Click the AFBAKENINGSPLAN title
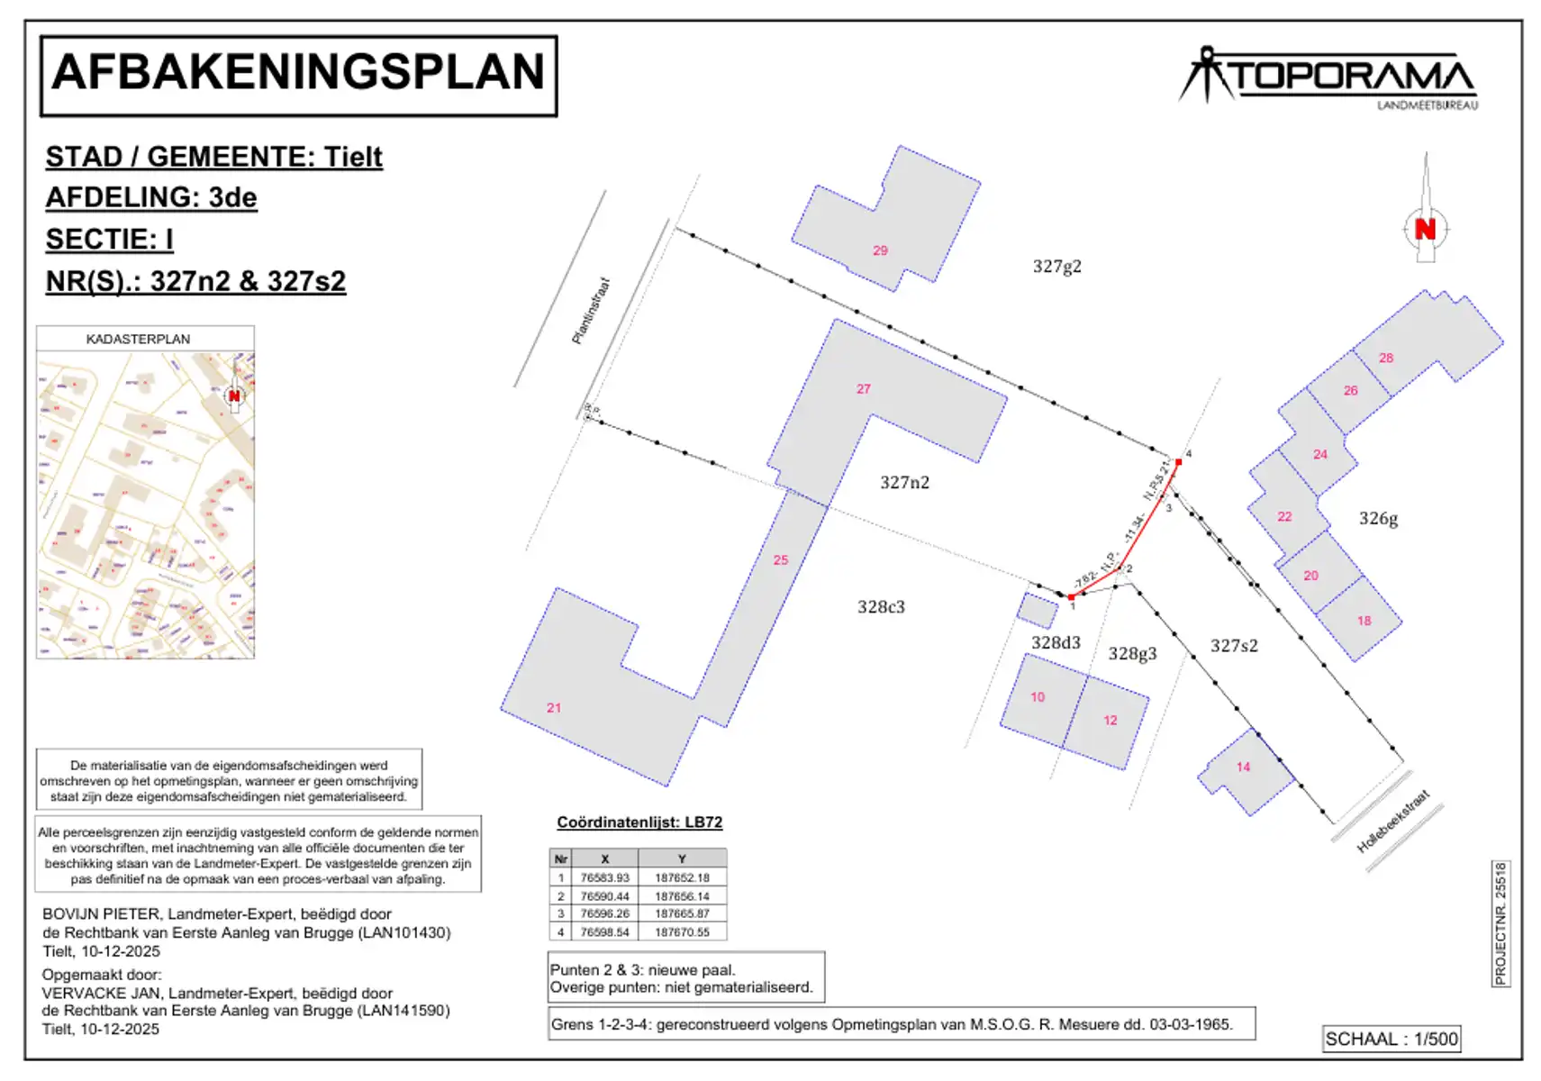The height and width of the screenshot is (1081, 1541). [x=298, y=74]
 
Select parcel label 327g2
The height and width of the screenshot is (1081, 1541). [x=1056, y=267]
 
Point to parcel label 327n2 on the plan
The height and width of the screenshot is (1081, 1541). [x=904, y=483]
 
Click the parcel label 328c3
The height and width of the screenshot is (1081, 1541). [x=881, y=607]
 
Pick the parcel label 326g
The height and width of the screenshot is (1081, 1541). [x=1378, y=519]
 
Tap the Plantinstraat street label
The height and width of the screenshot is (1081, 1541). [x=591, y=311]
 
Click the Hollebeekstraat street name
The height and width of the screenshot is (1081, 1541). [x=1392, y=822]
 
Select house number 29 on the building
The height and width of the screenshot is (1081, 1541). [x=880, y=250]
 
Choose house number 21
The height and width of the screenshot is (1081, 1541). [x=554, y=708]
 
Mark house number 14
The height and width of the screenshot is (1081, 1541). [x=1243, y=768]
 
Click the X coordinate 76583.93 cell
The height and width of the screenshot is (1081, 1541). [x=604, y=877]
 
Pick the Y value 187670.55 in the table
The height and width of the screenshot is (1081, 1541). [x=682, y=932]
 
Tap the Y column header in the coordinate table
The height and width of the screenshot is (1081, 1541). [x=682, y=859]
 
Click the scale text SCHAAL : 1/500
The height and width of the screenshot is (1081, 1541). [x=1391, y=1039]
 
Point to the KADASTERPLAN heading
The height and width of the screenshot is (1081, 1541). [x=138, y=340]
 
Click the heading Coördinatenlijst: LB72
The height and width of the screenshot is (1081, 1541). [x=639, y=822]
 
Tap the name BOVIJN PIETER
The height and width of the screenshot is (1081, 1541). [x=102, y=914]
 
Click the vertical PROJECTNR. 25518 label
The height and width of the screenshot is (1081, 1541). [x=1500, y=923]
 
